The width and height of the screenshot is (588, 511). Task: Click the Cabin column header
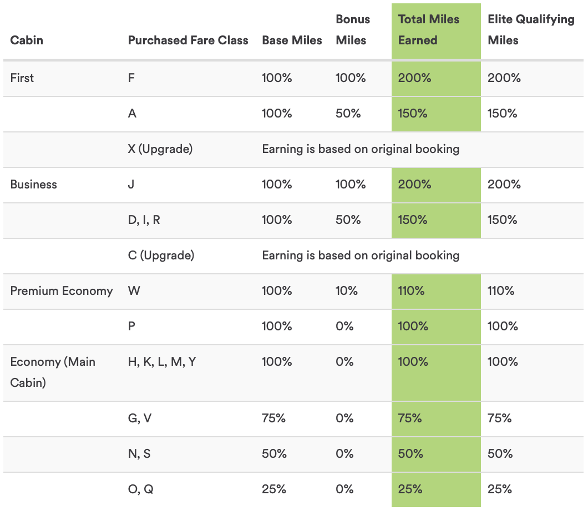(27, 40)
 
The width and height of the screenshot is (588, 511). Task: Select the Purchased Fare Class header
(188, 40)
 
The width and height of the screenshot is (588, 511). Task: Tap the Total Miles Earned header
(429, 30)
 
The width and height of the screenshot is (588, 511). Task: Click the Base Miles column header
(292, 40)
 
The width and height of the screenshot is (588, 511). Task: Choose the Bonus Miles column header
(353, 30)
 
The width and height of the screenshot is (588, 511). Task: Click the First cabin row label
(22, 78)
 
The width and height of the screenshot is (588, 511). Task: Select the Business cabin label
(34, 185)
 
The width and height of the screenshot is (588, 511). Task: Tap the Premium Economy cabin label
(62, 291)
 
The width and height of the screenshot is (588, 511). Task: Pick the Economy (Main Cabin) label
(53, 372)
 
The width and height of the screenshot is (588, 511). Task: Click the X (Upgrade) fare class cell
(160, 149)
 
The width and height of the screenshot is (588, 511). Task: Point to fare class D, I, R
(144, 220)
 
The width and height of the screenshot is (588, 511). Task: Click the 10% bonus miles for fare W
(347, 291)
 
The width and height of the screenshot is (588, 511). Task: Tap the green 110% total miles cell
(411, 291)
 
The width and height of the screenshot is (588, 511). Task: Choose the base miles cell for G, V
(274, 418)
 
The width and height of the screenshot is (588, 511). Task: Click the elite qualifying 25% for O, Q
(500, 489)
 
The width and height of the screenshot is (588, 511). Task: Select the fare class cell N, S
(139, 454)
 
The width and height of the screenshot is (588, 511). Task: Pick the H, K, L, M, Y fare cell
(162, 362)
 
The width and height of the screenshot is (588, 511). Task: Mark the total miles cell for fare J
(414, 185)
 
